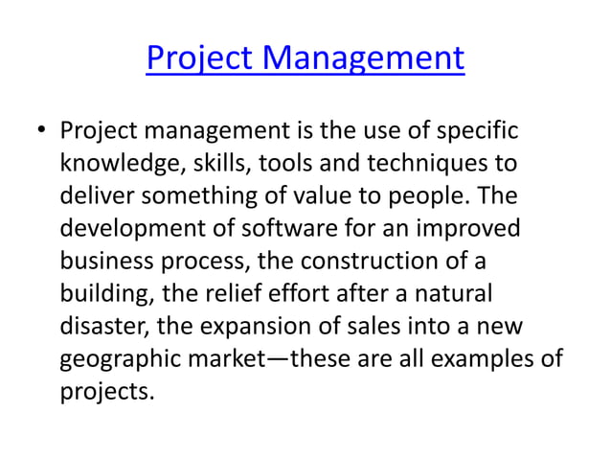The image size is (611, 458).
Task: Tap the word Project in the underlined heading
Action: (200, 59)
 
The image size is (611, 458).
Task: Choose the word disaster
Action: (101, 326)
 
